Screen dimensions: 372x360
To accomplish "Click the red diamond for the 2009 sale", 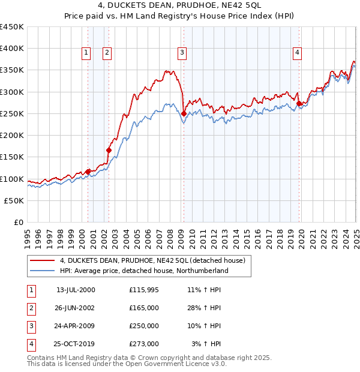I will click(x=184, y=113).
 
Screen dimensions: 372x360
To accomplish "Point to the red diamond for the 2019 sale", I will click(x=299, y=103).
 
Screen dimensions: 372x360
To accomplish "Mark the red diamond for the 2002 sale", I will click(x=109, y=150).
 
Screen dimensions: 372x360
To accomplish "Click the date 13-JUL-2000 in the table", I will click(x=76, y=290).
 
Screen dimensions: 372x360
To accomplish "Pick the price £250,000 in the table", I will click(x=144, y=326).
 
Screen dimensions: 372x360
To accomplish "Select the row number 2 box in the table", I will click(x=31, y=308).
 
